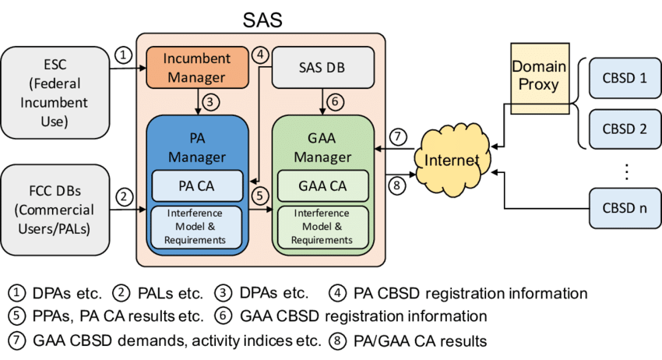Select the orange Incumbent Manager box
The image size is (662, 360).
point(196,68)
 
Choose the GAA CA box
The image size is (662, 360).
point(322,185)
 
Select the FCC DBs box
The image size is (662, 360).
point(55,209)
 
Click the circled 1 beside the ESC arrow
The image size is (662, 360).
point(122,55)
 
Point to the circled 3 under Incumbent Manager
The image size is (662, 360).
point(210,101)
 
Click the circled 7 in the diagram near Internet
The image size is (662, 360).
point(398,138)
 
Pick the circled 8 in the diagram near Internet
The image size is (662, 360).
point(398,185)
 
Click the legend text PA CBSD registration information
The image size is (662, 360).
point(470,294)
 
